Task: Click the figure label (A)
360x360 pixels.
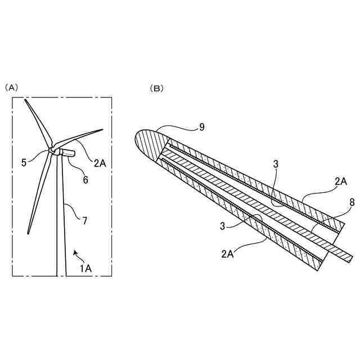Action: (x=12, y=88)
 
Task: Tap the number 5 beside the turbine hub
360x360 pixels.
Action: (x=24, y=163)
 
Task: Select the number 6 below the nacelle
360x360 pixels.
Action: (x=85, y=179)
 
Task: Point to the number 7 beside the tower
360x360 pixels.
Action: (x=84, y=220)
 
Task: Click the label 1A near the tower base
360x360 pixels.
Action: (x=85, y=268)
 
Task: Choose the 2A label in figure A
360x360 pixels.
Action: (x=100, y=164)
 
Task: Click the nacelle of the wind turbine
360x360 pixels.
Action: (x=66, y=153)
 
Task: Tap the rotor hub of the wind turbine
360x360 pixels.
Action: (x=52, y=151)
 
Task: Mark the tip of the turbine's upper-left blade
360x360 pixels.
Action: (x=25, y=101)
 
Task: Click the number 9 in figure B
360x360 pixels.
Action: (x=202, y=127)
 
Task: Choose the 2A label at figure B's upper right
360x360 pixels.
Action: (x=341, y=181)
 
